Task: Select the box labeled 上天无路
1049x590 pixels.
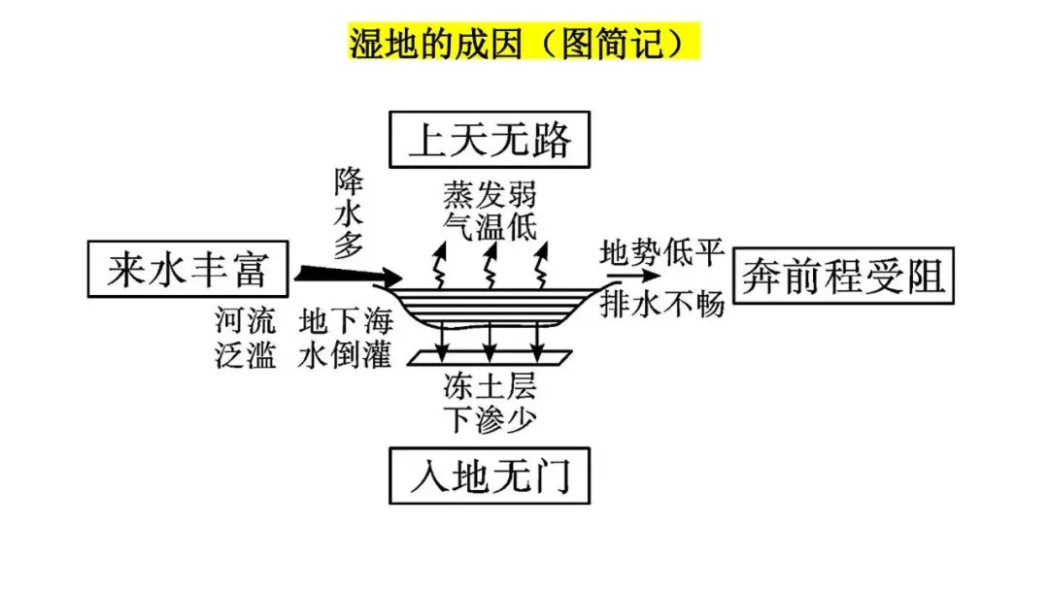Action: tap(490, 141)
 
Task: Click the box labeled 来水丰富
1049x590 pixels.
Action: tap(187, 269)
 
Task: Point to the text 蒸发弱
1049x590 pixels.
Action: tap(490, 197)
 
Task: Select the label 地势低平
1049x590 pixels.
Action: tap(662, 253)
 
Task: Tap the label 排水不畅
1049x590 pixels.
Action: tap(662, 304)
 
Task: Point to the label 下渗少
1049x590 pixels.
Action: tap(490, 418)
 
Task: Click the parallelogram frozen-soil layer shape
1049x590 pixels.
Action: tap(490, 359)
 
